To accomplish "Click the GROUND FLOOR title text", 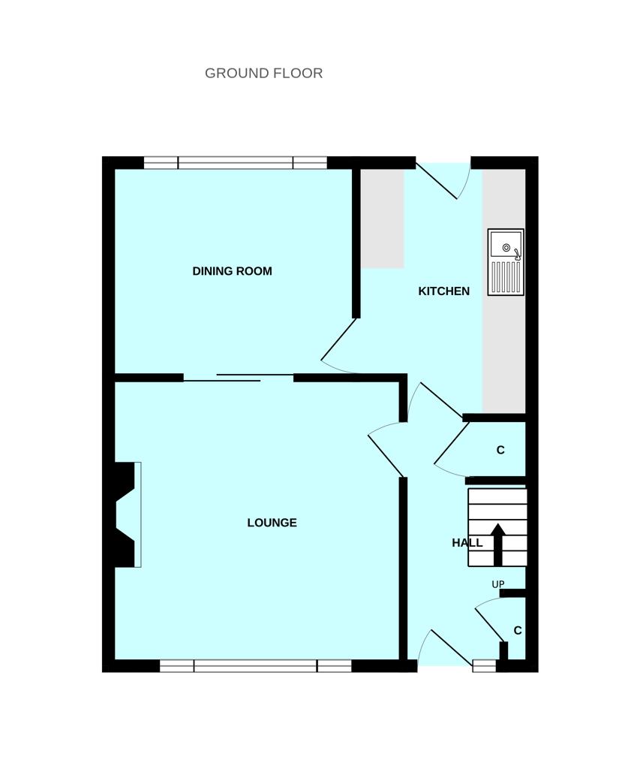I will (263, 73).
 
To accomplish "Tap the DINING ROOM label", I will (232, 271).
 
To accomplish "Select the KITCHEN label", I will (443, 291).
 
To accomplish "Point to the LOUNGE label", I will (272, 523).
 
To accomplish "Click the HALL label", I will (467, 543).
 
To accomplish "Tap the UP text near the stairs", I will (497, 584).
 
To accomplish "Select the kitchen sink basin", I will (505, 246).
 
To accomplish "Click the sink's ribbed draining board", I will (505, 276).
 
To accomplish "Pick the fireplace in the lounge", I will (126, 514).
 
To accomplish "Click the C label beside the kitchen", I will (500, 451).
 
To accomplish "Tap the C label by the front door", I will (518, 631).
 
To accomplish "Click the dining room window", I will (235, 163).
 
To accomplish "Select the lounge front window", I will (255, 665).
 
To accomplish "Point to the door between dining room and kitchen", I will (340, 345).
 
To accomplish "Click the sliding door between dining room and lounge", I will (239, 377).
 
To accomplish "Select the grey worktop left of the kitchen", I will (382, 219).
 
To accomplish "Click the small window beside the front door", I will (484, 665).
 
